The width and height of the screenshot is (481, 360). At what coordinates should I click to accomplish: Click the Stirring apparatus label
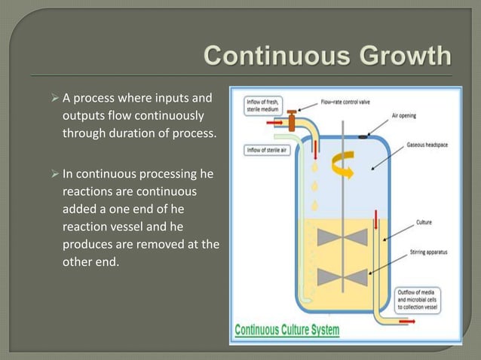point(427,252)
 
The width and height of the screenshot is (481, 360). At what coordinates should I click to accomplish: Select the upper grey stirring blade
point(343,236)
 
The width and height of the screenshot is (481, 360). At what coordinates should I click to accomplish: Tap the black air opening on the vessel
point(363,136)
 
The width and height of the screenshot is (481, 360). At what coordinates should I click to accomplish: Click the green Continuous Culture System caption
point(286,330)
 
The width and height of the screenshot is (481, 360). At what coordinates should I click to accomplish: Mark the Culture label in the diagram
point(424,222)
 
